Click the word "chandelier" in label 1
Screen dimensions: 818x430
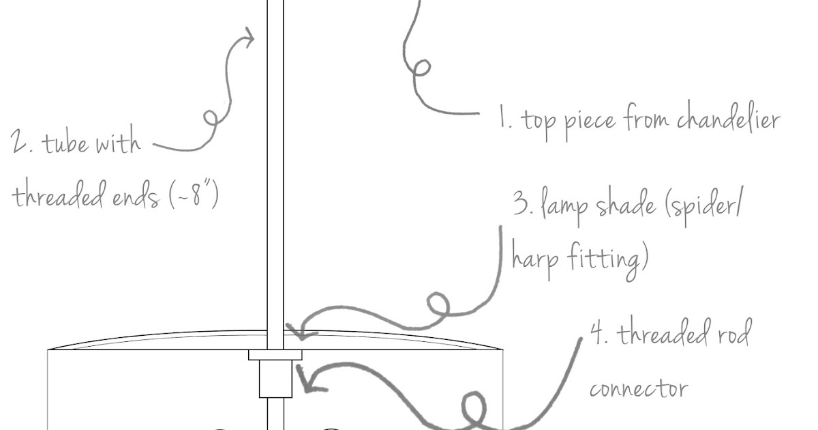727,121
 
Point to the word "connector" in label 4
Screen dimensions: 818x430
638,389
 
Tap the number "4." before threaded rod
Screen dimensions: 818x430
599,336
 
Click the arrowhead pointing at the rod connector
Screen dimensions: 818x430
304,377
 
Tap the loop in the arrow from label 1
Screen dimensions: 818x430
421,67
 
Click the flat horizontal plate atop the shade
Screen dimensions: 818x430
275,355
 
